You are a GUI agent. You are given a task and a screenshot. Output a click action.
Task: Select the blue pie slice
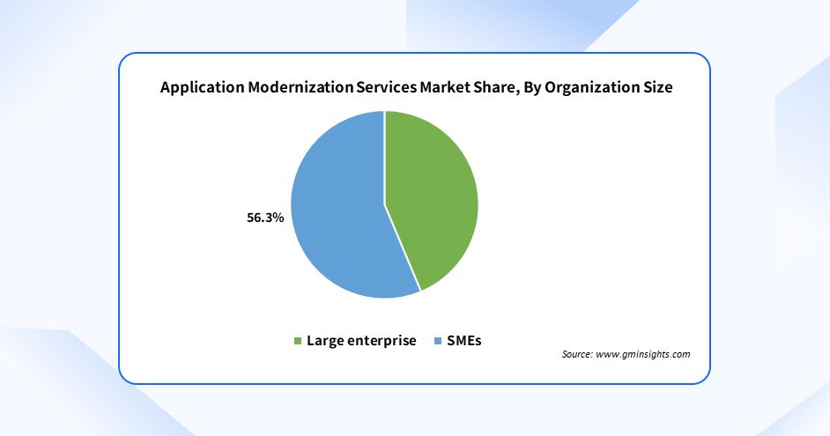[339, 216]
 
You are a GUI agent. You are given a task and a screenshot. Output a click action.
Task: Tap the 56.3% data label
[264, 217]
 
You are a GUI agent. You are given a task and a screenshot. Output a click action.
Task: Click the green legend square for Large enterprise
[298, 341]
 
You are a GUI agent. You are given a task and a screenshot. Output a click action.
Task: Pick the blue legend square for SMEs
[438, 341]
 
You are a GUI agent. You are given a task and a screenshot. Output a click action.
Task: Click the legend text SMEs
[465, 341]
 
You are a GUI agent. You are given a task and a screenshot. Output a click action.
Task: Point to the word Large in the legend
[324, 341]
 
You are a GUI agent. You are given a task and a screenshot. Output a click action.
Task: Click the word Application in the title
[199, 87]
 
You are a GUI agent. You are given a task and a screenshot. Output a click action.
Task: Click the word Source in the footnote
[577, 354]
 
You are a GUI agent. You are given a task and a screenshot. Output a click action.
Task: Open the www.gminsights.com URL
[643, 354]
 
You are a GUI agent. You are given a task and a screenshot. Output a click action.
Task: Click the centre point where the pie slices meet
[385, 204]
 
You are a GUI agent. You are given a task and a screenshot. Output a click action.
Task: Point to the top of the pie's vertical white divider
[385, 113]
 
